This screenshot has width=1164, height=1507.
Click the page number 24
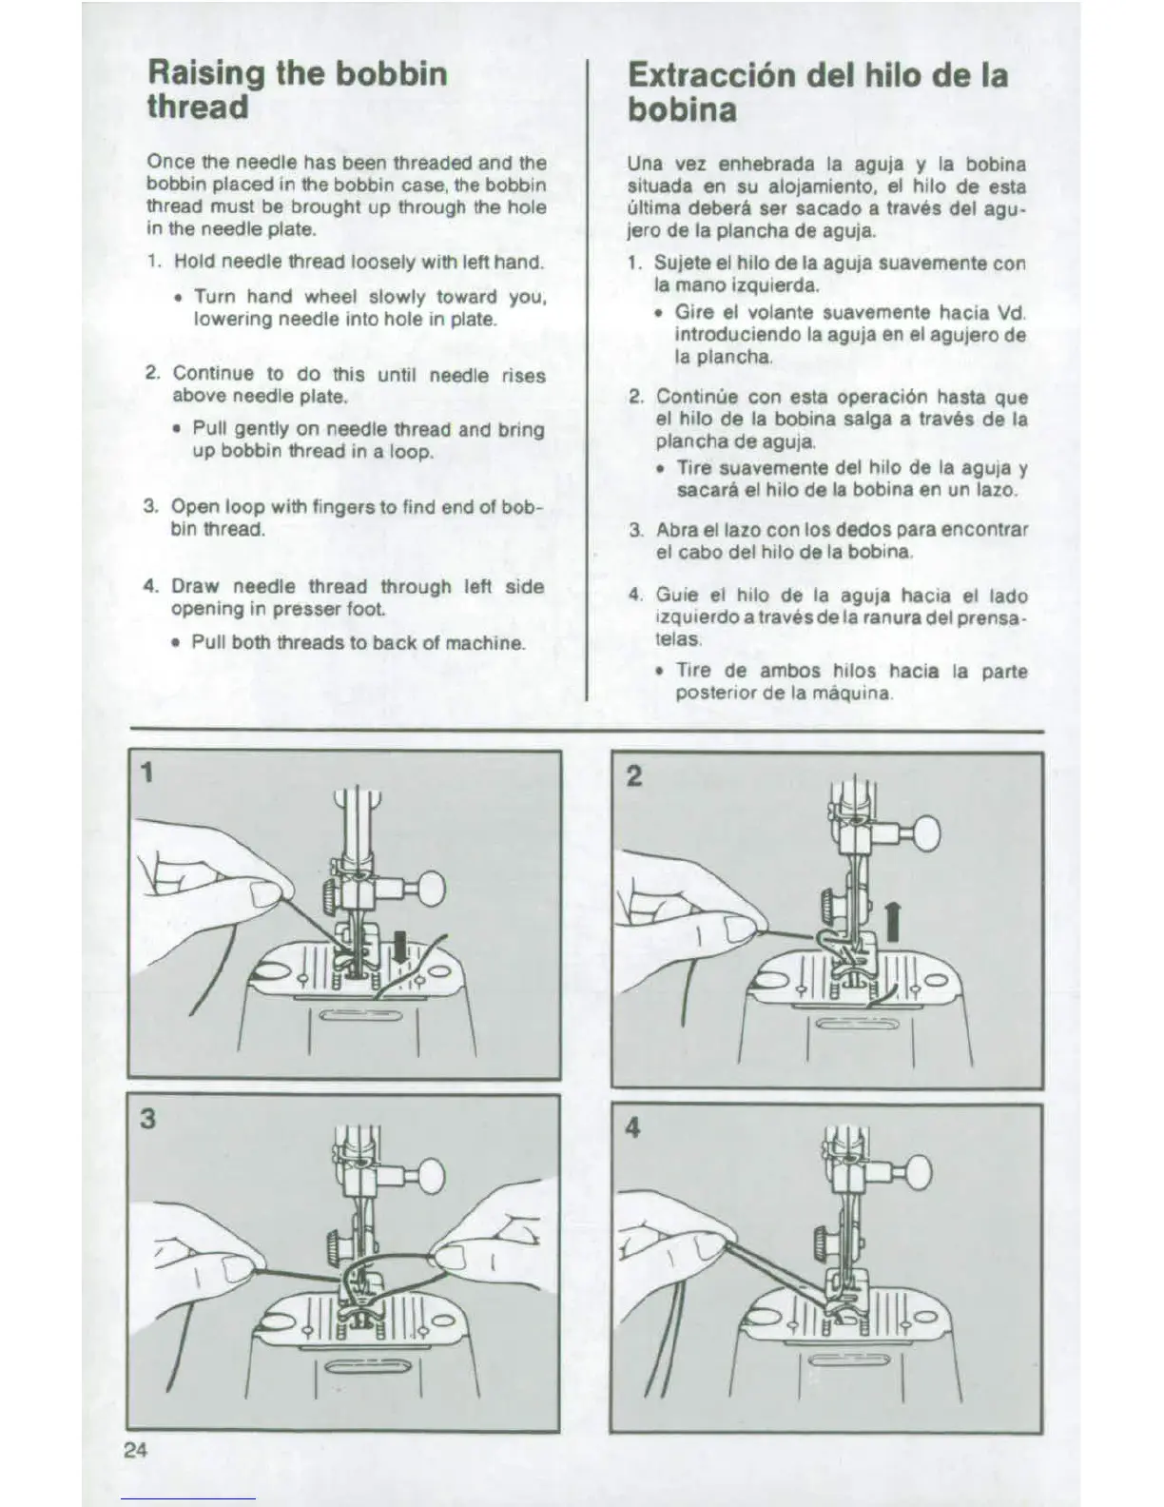coord(135,1450)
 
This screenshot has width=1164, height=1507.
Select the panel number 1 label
coord(146,773)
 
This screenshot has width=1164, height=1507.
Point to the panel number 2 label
coord(634,776)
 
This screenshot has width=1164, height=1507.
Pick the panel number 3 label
coord(147,1118)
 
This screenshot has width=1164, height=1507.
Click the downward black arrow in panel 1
coord(401,944)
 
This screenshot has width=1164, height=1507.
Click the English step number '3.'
coord(151,506)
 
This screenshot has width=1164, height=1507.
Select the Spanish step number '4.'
coord(636,596)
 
